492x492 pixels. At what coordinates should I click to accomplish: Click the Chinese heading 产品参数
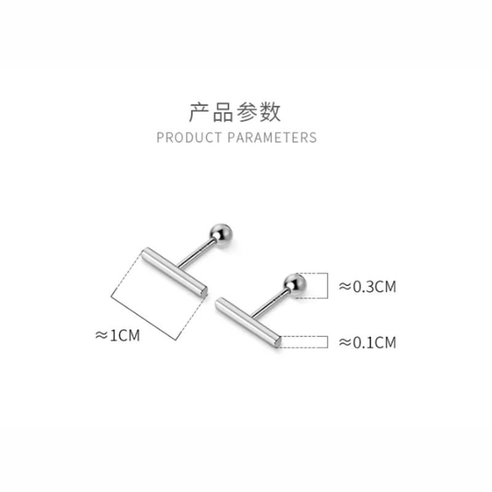[x=234, y=113]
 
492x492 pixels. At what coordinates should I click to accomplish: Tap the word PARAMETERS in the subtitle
[x=272, y=137]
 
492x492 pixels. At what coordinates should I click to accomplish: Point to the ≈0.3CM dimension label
[x=368, y=286]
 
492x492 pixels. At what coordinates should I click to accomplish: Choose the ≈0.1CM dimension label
[x=368, y=343]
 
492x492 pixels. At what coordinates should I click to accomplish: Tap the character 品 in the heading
[x=223, y=113]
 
